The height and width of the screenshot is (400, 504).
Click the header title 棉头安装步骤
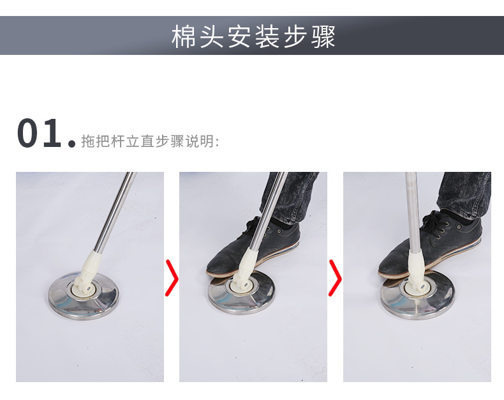[x=253, y=37]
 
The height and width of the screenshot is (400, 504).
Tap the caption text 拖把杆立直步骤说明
[x=150, y=141]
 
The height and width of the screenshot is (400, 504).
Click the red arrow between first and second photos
[x=172, y=278]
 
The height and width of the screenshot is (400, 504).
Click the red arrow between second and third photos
[x=335, y=278]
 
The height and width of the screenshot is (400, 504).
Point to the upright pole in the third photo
[x=411, y=204]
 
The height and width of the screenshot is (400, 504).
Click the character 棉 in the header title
[x=183, y=37]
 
